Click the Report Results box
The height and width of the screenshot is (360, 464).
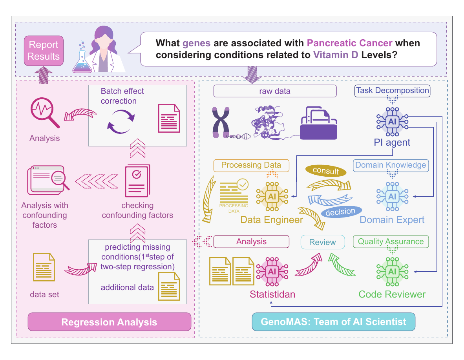click(44, 51)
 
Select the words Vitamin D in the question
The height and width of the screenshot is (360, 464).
click(336, 55)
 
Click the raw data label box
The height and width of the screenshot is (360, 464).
click(275, 91)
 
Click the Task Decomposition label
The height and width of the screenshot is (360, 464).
click(392, 91)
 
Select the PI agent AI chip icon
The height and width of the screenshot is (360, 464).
click(392, 122)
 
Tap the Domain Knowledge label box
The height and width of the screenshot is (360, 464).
click(391, 165)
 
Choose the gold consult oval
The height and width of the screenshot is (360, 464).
click(325, 171)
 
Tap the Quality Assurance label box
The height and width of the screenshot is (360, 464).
click(391, 242)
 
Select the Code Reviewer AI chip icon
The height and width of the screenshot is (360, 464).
click(392, 272)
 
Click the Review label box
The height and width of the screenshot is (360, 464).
click(323, 242)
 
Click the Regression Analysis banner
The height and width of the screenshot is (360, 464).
click(109, 322)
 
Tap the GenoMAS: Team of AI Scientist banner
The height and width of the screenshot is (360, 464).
click(333, 322)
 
